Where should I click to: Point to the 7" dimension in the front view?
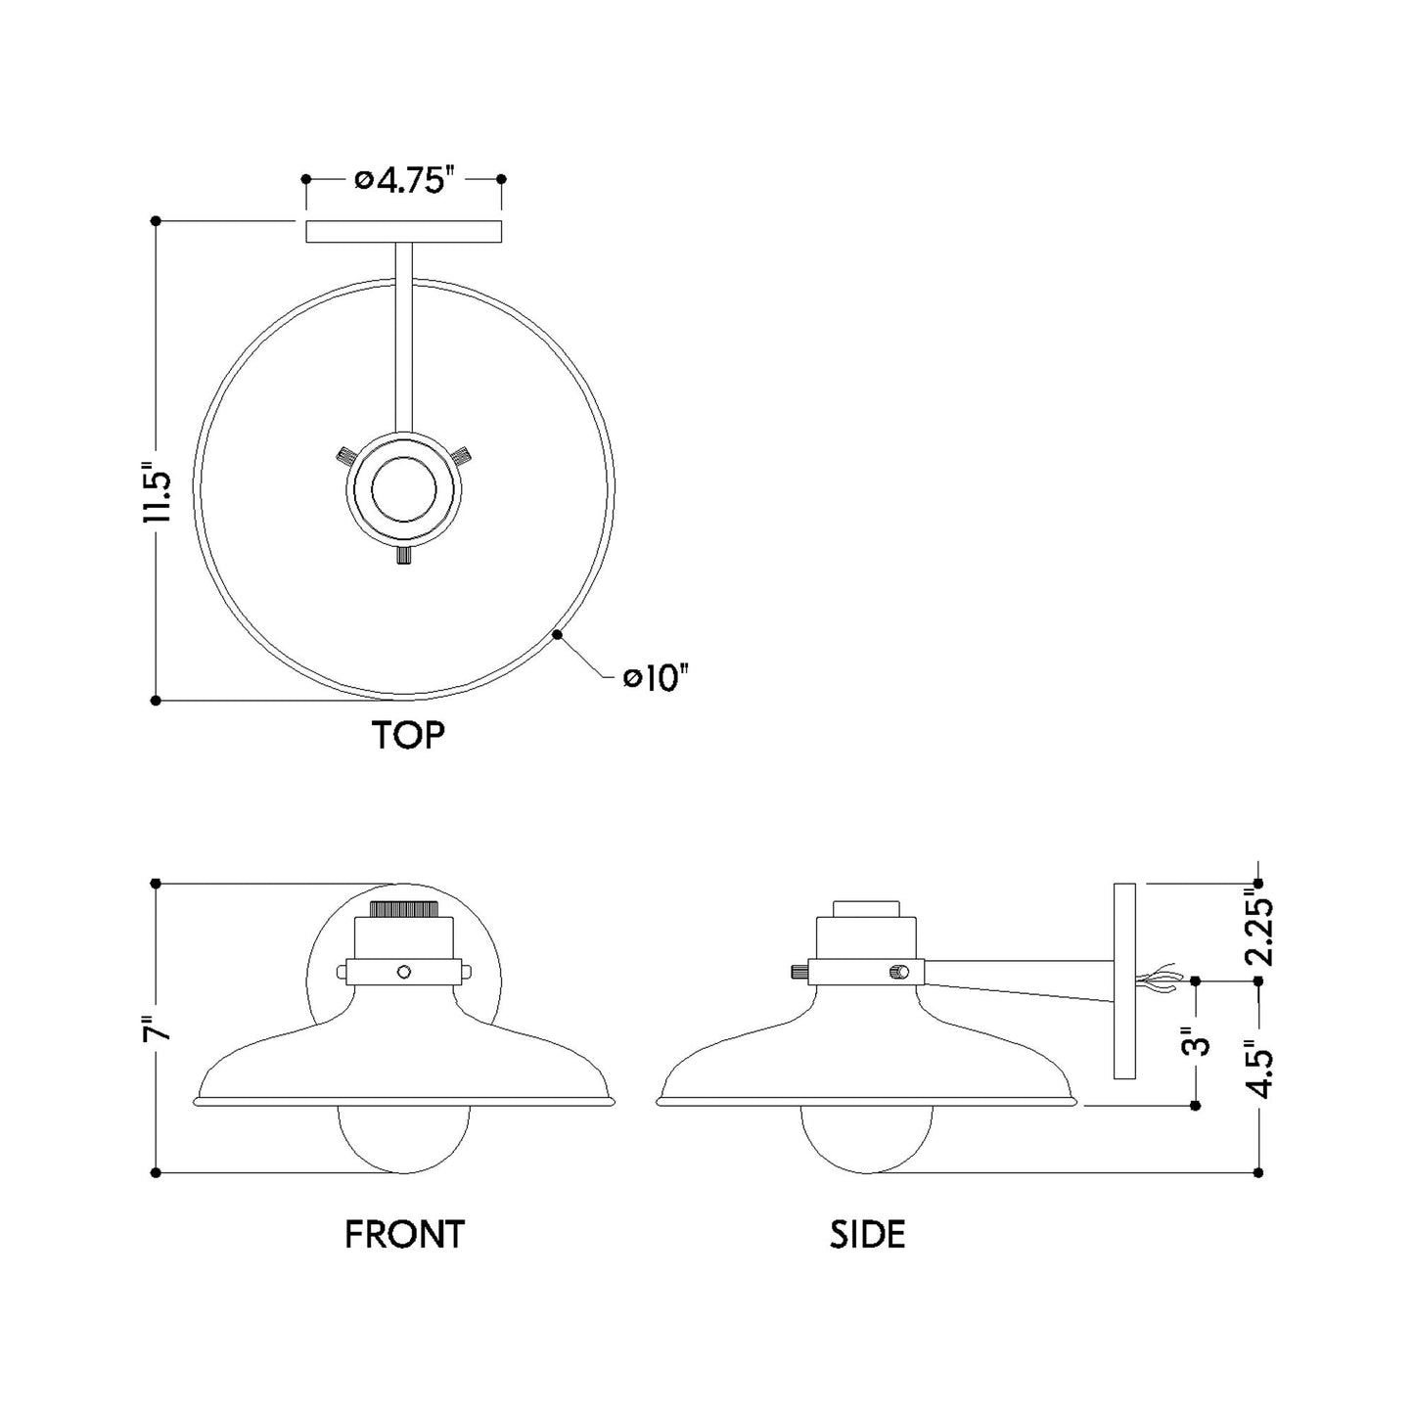tap(158, 1029)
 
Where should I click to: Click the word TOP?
tap(408, 735)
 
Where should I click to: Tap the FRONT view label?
tap(404, 1234)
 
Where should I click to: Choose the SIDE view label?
tap(867, 1234)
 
